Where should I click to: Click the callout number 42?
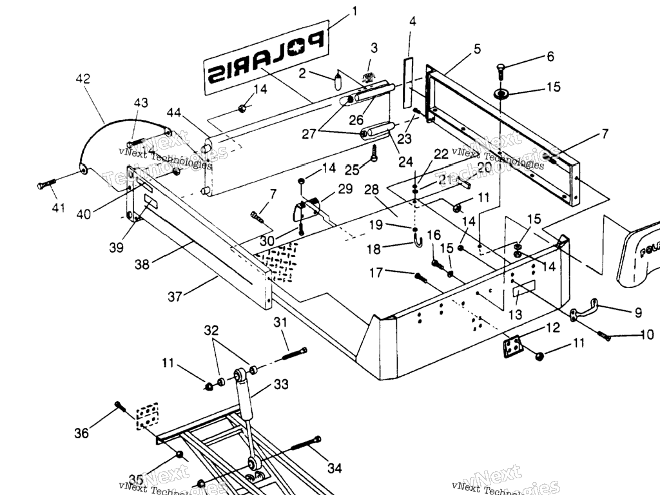82,79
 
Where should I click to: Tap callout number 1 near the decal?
354,11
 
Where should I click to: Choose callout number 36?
81,433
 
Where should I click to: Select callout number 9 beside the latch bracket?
638,313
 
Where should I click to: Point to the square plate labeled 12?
512,347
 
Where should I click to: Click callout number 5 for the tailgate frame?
477,48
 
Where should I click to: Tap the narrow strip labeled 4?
407,81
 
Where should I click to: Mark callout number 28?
389,191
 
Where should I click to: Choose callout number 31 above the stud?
280,322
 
